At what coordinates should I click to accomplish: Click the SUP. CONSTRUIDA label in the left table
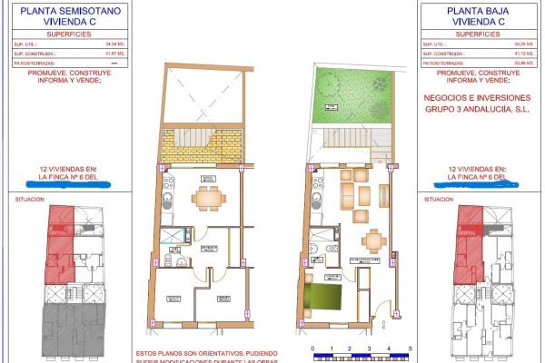pyautogui.click(x=30, y=54)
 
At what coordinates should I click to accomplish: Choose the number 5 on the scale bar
pyautogui.click(x=410, y=348)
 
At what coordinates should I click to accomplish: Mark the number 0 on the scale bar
pyautogui.click(x=312, y=348)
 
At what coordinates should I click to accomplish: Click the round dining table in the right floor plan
pyautogui.click(x=372, y=240)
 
